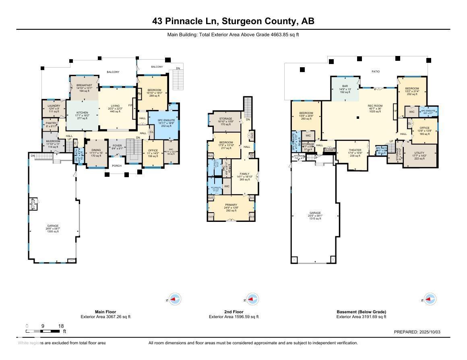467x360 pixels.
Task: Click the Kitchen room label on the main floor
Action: [82, 113]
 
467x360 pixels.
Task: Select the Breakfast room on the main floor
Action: [84, 85]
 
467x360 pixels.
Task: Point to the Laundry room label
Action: [54, 106]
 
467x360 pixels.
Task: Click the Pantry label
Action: [51, 123]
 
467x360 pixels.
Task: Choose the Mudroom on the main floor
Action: [53, 141]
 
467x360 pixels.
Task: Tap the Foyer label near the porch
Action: [117, 146]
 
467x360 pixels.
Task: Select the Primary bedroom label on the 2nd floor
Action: [231, 205]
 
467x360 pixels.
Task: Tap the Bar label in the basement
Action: [345, 86]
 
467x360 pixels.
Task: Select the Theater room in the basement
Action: [355, 150]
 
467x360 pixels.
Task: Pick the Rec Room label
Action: [375, 106]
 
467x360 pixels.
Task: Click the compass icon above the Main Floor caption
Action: [174, 299]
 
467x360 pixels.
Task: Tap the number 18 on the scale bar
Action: [61, 326]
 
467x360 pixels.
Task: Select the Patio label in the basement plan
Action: [375, 72]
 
